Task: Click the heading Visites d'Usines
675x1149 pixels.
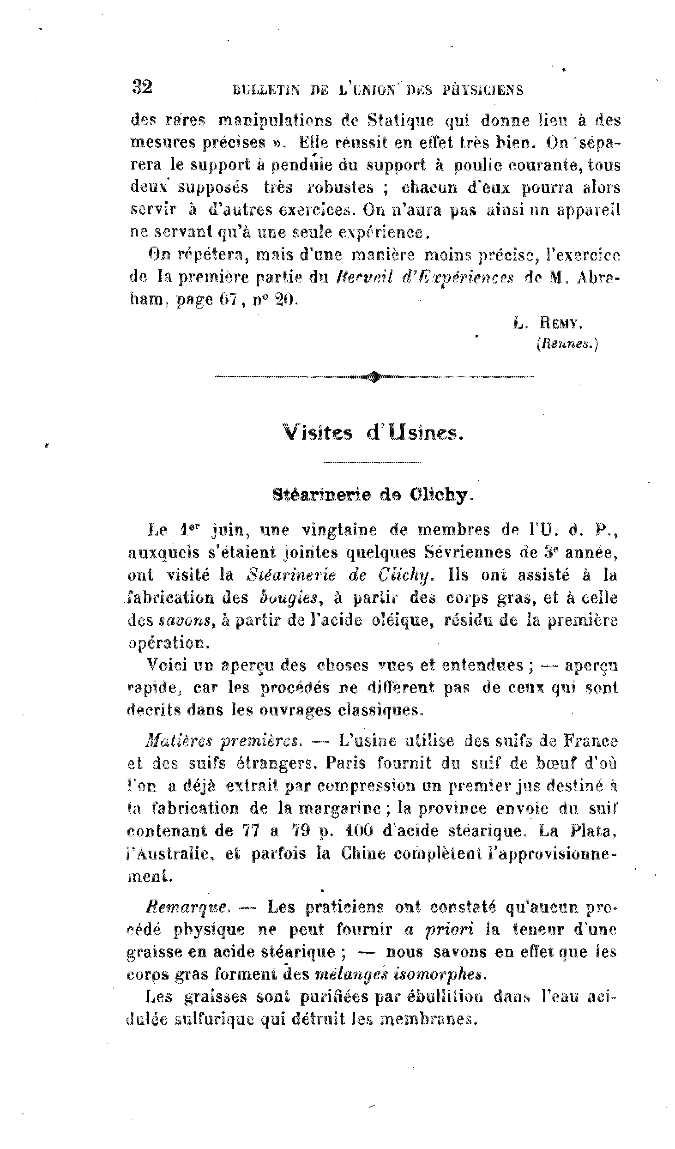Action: (x=372, y=433)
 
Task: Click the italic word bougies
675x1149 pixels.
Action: (x=289, y=599)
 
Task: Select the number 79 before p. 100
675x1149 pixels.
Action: (x=301, y=831)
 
